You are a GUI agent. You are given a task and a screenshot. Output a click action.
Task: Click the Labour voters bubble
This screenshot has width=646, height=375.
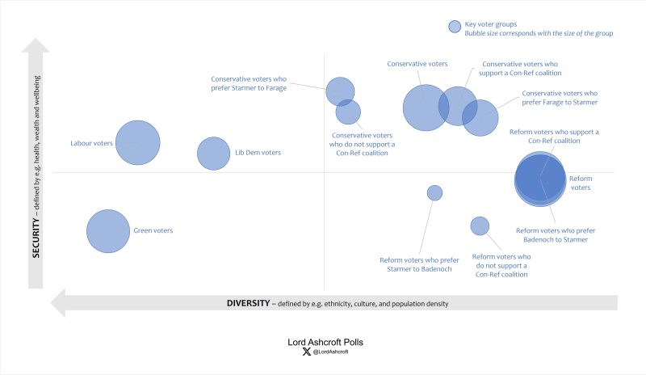click(x=137, y=143)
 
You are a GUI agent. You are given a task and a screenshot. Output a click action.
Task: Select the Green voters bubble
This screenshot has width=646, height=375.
click(x=108, y=231)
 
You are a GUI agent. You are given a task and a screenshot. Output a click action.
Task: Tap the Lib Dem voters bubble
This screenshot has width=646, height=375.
click(x=214, y=154)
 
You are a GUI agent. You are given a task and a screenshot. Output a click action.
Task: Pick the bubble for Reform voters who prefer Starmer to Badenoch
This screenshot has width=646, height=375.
click(x=434, y=192)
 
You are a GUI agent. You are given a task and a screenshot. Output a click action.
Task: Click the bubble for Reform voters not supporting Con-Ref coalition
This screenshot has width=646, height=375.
click(x=480, y=226)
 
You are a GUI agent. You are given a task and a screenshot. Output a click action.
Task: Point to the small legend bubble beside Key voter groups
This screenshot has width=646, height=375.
click(x=455, y=27)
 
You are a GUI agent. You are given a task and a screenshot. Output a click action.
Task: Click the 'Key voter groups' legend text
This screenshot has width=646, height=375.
click(x=490, y=24)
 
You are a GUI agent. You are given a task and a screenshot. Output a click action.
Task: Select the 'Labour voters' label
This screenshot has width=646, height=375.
click(x=90, y=143)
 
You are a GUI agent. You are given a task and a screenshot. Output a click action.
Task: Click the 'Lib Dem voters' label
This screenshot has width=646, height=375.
click(x=258, y=153)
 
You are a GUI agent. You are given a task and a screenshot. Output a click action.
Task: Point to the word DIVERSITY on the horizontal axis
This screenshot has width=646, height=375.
click(x=248, y=304)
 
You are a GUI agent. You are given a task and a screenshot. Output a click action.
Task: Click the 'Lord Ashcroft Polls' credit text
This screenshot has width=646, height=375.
click(x=331, y=342)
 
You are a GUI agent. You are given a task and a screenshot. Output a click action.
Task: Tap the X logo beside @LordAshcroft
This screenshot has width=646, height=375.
click(x=304, y=352)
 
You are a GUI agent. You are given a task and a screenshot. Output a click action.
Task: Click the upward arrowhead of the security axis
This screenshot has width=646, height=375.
click(x=36, y=47)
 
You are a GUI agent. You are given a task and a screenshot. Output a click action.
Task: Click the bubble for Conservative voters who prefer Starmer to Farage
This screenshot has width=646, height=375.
click(x=340, y=91)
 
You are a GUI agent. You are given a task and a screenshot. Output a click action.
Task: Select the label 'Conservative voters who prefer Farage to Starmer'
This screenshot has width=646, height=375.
click(x=560, y=98)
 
